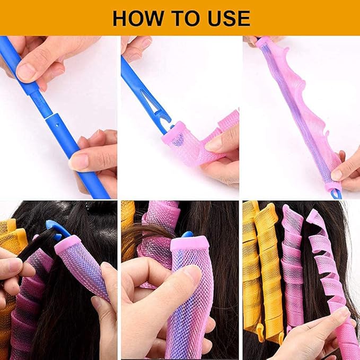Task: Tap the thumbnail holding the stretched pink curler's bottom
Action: point(338,173)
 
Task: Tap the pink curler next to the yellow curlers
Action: point(291,254)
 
